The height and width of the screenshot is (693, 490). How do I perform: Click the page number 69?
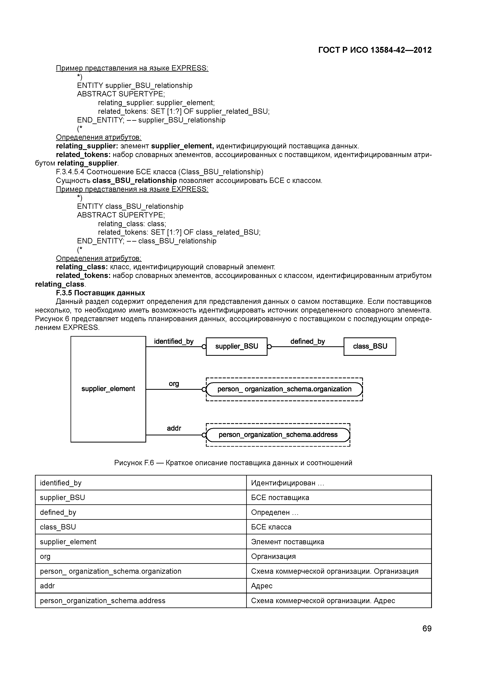point(427,628)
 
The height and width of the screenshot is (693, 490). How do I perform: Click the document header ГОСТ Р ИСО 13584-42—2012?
point(375,50)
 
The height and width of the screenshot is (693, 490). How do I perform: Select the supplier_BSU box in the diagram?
point(236,346)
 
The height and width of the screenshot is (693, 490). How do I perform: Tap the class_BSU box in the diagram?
point(369,346)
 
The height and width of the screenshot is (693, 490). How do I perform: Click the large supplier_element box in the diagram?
point(108,389)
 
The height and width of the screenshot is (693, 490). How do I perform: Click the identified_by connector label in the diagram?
point(174,341)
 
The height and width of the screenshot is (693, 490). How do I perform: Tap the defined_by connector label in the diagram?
point(307,341)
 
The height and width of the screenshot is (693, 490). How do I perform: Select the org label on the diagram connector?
point(174,384)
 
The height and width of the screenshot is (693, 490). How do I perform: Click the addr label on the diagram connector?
point(174,428)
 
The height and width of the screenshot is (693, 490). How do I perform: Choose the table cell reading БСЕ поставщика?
point(280,497)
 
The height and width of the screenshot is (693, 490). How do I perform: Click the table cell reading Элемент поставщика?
point(287,542)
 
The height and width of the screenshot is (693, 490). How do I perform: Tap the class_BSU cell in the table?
point(58,527)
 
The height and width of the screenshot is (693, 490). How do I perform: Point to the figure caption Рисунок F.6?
point(233,463)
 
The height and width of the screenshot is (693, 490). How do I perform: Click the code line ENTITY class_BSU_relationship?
point(130,206)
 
